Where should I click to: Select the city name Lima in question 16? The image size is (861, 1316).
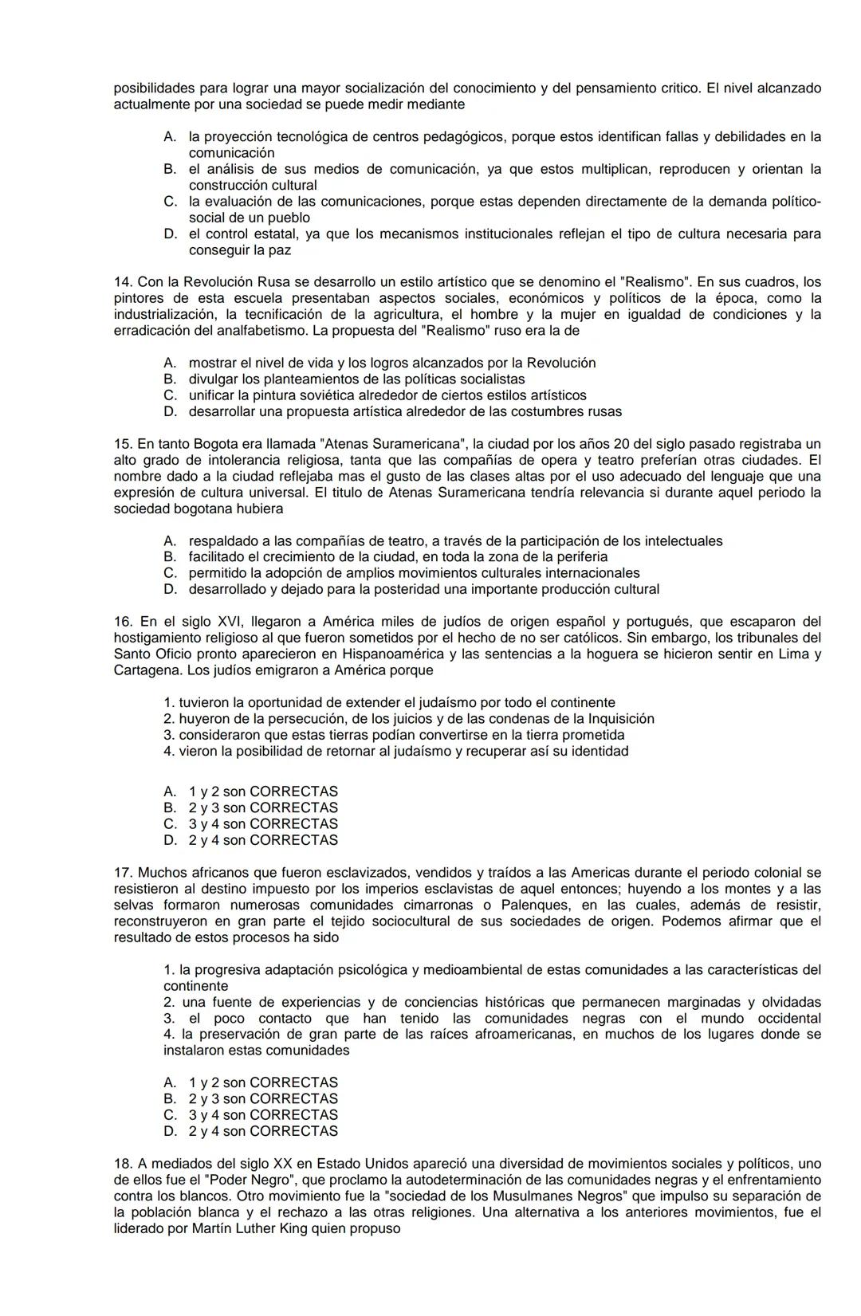[x=784, y=654]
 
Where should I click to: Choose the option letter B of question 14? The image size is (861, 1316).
[x=169, y=379]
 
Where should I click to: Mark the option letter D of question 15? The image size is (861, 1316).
[x=169, y=590]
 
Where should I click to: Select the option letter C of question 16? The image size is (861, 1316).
[x=169, y=824]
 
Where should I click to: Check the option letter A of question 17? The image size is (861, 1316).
[x=169, y=1082]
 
